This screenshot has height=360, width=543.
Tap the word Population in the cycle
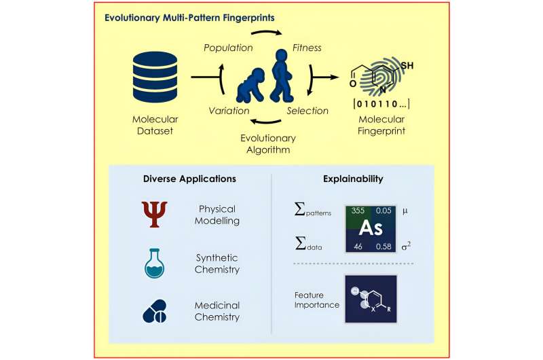tap(227, 49)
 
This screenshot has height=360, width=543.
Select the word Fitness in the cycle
tap(307, 49)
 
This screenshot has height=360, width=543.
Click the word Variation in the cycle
tap(229, 111)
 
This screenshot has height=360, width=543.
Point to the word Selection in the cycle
tap(307, 111)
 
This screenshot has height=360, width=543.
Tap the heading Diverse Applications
tap(189, 179)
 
